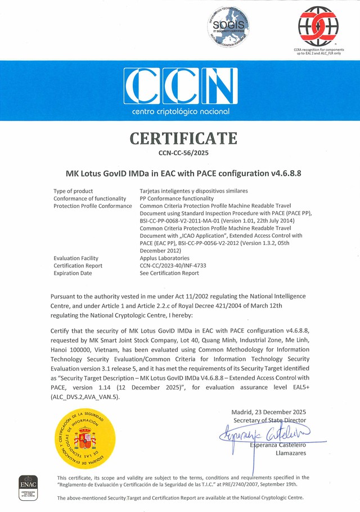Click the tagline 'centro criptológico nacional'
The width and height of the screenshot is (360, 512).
(180, 112)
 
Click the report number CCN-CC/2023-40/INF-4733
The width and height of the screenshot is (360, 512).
(177, 265)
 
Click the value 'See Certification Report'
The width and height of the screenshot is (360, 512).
(169, 273)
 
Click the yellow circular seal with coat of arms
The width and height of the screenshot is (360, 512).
(83, 438)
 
